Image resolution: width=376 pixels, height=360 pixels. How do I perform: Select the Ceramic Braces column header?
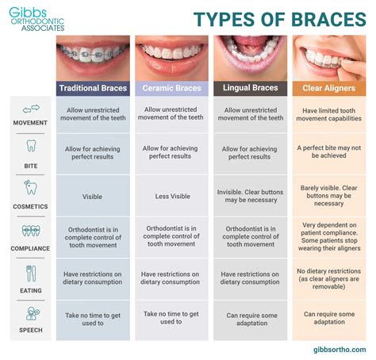click(171, 88)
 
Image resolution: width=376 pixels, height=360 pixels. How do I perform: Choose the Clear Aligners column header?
click(329, 88)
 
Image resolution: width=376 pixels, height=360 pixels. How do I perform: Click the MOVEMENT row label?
click(31, 123)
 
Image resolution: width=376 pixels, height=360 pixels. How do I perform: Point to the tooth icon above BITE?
click(31, 146)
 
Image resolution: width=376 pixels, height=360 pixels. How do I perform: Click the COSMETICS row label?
click(31, 206)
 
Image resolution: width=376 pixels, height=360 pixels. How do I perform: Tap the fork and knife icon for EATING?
click(31, 273)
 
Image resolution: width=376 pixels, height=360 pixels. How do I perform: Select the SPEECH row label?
click(31, 329)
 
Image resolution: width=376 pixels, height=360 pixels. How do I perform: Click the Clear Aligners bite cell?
click(329, 151)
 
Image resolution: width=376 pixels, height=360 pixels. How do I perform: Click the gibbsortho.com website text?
click(334, 349)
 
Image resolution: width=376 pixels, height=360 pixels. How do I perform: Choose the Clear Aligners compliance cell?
click(329, 236)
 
